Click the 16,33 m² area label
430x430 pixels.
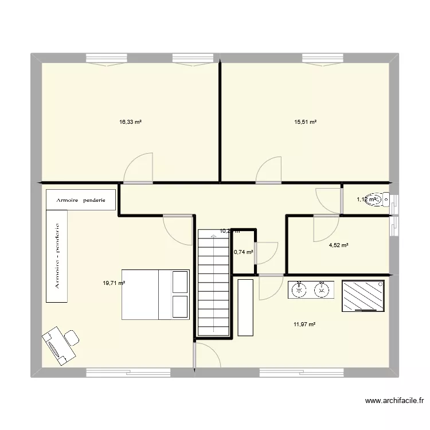click(130, 122)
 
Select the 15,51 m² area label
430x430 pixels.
click(306, 122)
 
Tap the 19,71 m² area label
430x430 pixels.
click(114, 283)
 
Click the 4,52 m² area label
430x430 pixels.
click(338, 245)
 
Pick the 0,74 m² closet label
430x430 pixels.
click(243, 252)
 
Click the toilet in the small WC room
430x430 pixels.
click(381, 200)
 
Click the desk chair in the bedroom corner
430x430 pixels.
click(72, 338)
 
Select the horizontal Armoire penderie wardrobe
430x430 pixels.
click(81, 200)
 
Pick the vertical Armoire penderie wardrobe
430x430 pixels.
click(57, 255)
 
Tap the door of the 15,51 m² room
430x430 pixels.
click(269, 171)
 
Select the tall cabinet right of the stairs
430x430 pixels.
click(245, 308)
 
